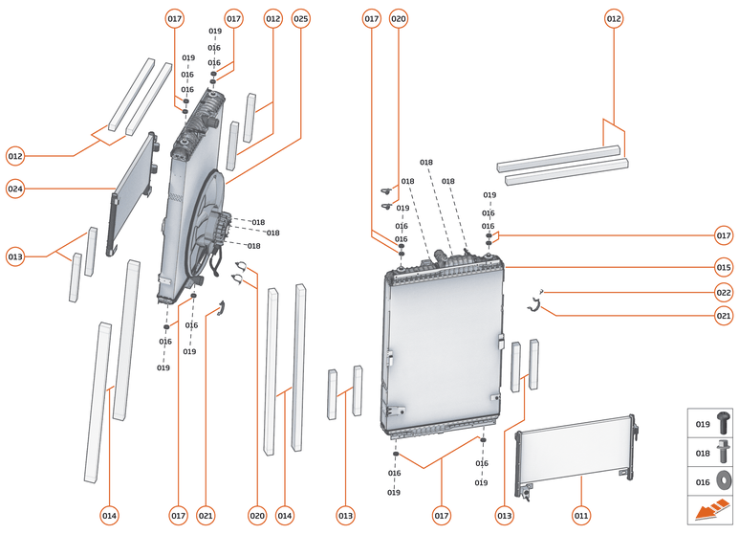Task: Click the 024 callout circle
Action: click(x=14, y=189)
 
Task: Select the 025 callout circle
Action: click(x=301, y=18)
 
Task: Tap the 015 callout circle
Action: click(x=724, y=268)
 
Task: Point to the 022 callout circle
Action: click(x=724, y=293)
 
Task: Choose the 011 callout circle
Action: click(x=581, y=516)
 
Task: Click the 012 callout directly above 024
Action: click(x=14, y=155)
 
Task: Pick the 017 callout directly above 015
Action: click(x=724, y=234)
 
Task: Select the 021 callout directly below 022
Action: click(x=724, y=316)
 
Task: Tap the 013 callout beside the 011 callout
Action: click(x=505, y=516)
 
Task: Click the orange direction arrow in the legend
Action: click(x=711, y=511)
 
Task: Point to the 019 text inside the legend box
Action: click(x=703, y=424)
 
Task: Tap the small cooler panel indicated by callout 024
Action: click(x=130, y=189)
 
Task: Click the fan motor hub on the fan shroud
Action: click(x=219, y=230)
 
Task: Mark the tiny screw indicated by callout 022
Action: click(x=542, y=290)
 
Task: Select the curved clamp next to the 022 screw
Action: click(x=536, y=305)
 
